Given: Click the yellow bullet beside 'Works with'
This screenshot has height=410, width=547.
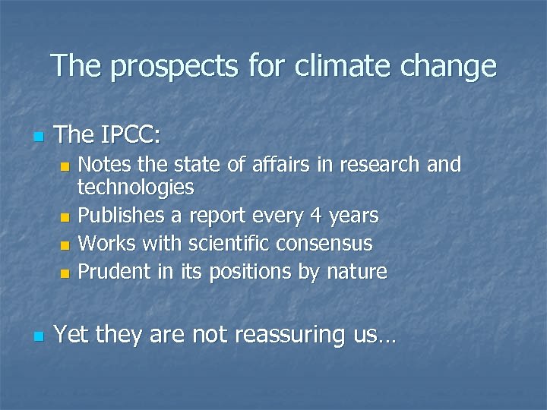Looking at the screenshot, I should click(65, 245).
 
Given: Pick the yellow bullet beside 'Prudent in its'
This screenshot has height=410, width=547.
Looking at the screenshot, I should click(65, 273).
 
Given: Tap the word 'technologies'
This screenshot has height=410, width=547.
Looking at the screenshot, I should click(136, 188).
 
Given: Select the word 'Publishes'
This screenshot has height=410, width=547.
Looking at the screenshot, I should click(122, 216).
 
